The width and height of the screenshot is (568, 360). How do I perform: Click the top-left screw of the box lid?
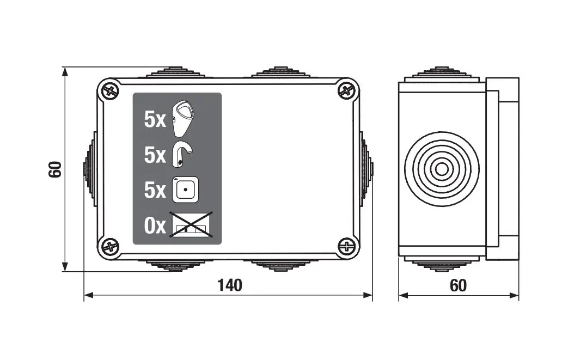click(x=110, y=90)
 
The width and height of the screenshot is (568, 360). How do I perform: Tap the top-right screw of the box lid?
click(x=347, y=90)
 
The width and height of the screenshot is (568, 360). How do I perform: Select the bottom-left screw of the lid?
click(x=110, y=247)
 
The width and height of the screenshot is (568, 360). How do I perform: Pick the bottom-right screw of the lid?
click(x=347, y=247)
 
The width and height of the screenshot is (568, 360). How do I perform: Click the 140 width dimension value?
click(x=230, y=285)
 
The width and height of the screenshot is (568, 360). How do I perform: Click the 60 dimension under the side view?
click(x=458, y=286)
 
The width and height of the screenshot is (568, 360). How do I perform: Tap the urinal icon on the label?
click(x=183, y=118)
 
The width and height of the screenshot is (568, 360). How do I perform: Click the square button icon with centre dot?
click(x=186, y=190)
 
